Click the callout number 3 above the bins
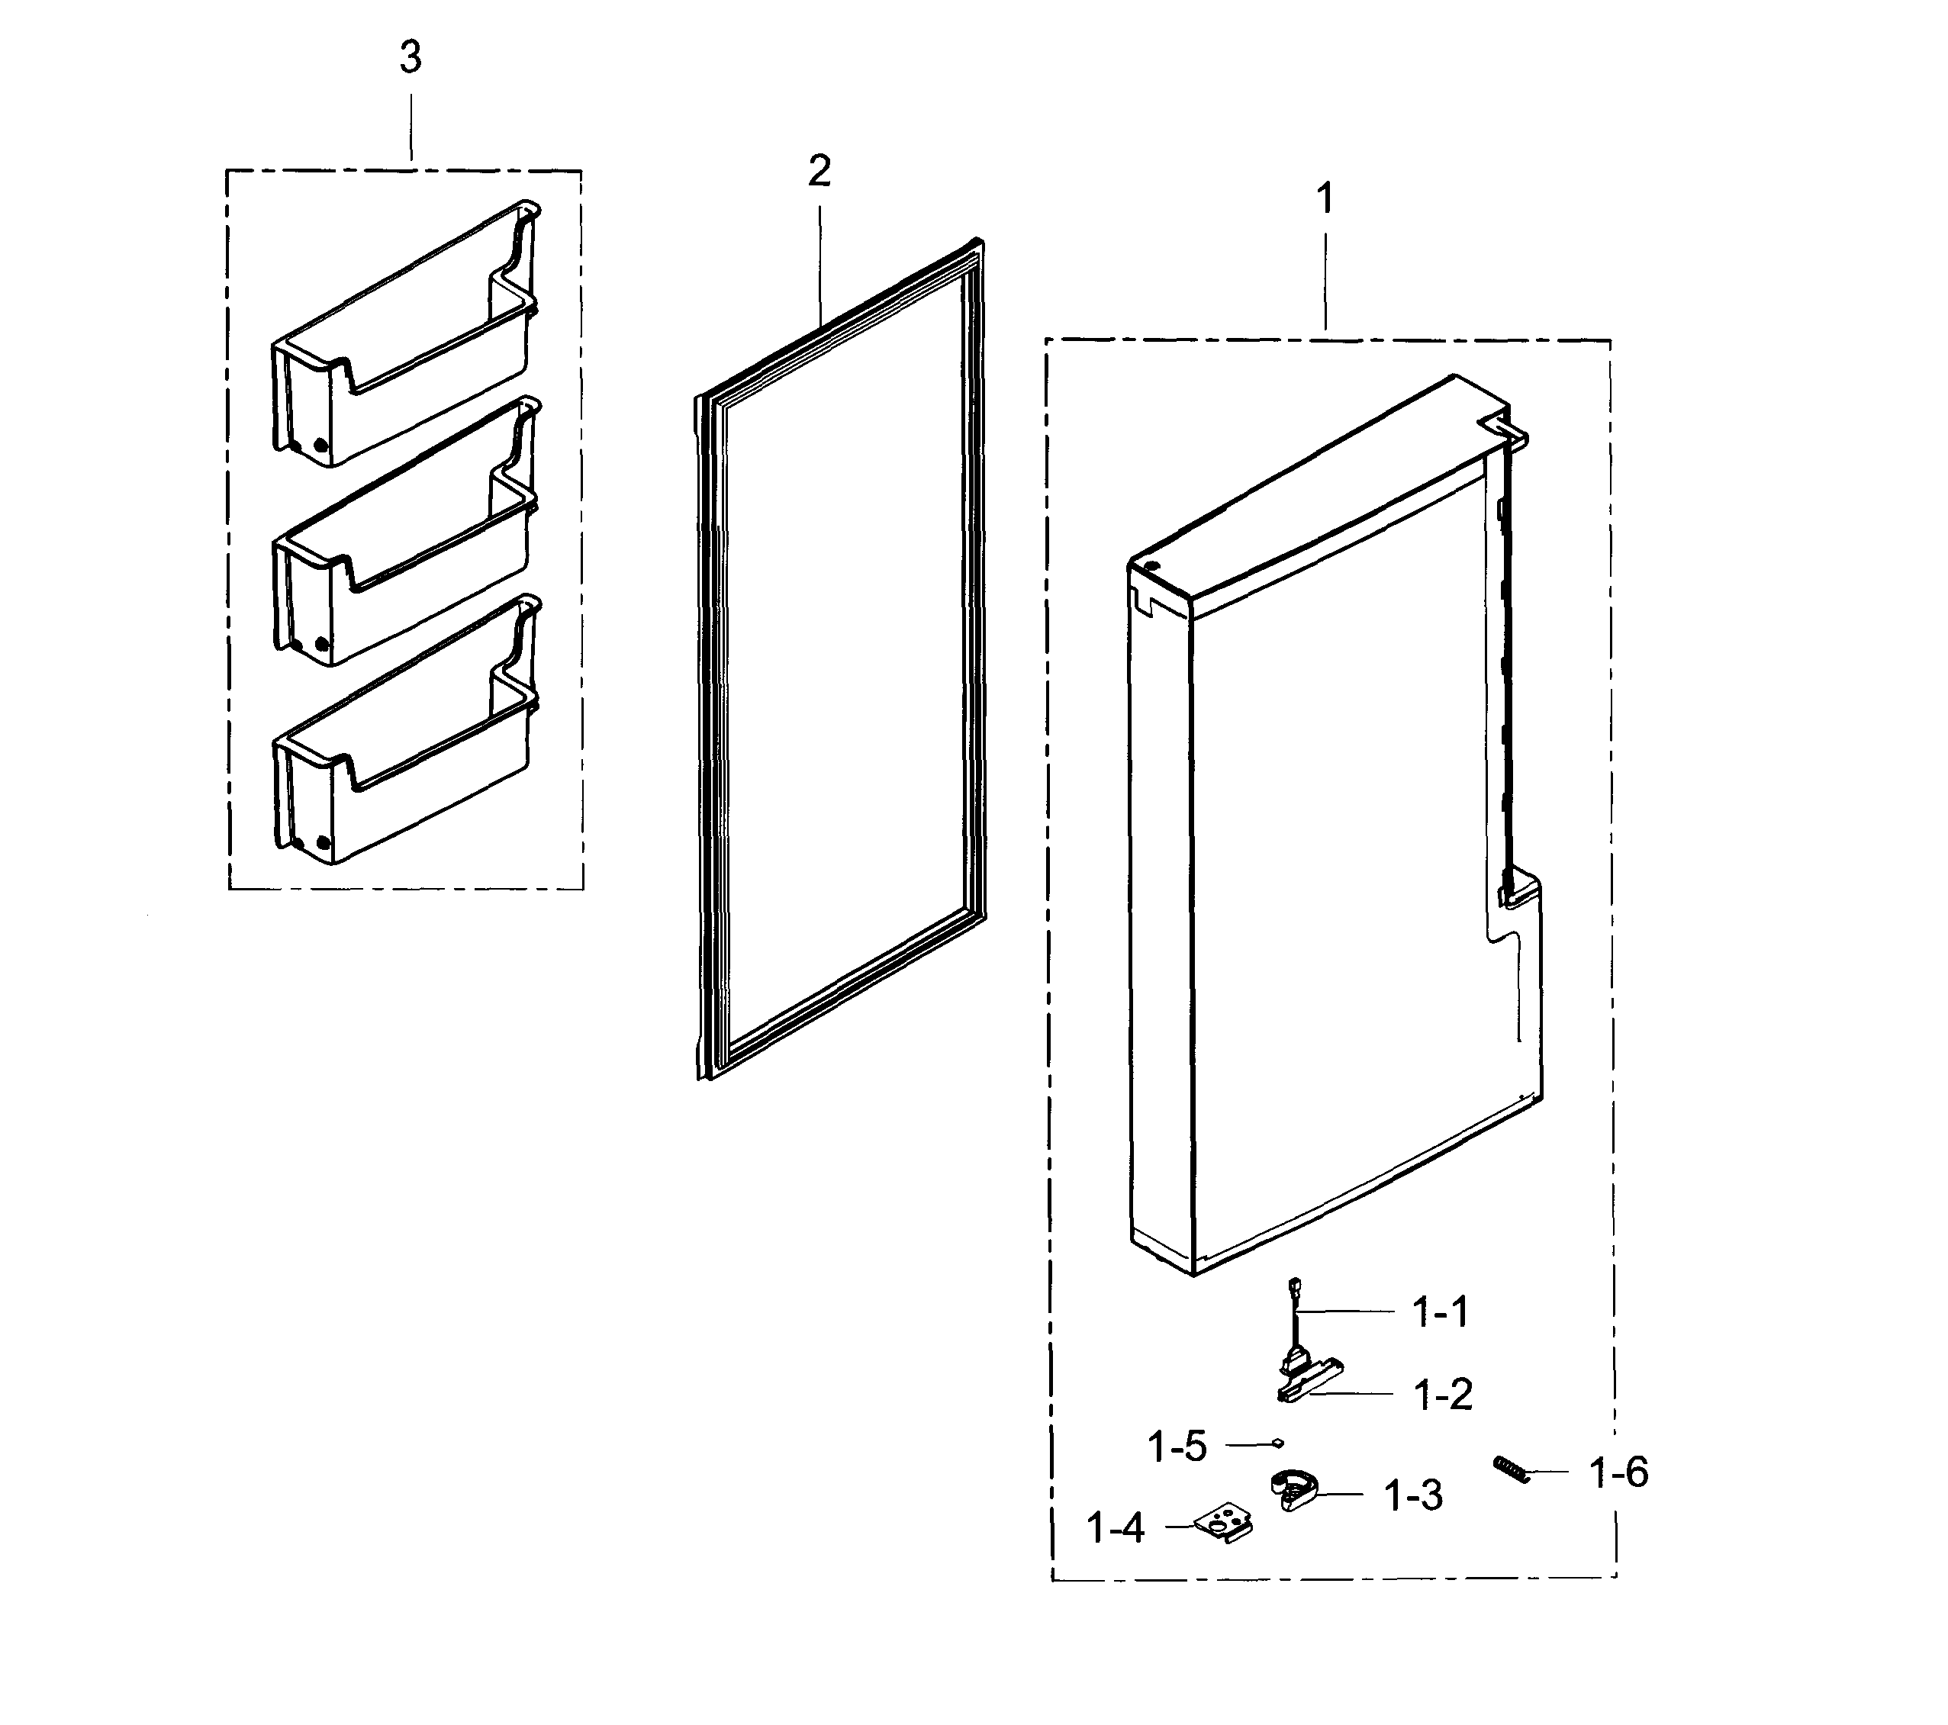click(x=410, y=59)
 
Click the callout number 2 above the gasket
click(x=819, y=172)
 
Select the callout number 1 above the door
click(x=1325, y=200)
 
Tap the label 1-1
click(x=1439, y=1313)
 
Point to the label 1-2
click(x=1443, y=1396)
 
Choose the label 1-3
click(x=1413, y=1496)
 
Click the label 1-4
click(x=1115, y=1530)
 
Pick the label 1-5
click(x=1178, y=1447)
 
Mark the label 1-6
click(x=1618, y=1473)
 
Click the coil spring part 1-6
click(x=1512, y=1469)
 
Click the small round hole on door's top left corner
click(x=1154, y=568)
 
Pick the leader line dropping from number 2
click(x=819, y=257)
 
